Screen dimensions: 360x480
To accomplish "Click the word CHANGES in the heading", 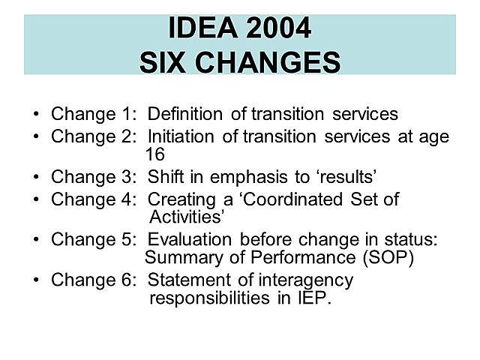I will pyautogui.click(x=268, y=61).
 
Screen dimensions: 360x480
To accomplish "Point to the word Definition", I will pyautogui.click(x=184, y=115).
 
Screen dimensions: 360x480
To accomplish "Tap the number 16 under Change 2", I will pyautogui.click(x=154, y=154).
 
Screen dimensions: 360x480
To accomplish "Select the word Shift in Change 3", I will pyautogui.click(x=164, y=177).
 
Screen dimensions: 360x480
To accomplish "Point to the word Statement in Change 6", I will pyautogui.click(x=184, y=280).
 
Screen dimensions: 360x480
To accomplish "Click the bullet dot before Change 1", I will pyautogui.click(x=37, y=115).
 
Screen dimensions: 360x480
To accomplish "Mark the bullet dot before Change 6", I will pyautogui.click(x=37, y=281).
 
